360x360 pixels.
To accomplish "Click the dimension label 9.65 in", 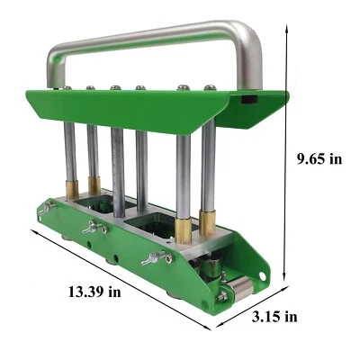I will (x=319, y=159).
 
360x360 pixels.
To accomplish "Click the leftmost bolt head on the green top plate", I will (x=67, y=88).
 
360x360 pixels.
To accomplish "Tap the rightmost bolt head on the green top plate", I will (x=210, y=87).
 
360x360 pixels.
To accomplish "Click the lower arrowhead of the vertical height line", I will (x=285, y=282).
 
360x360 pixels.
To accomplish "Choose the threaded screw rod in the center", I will (x=118, y=171).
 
